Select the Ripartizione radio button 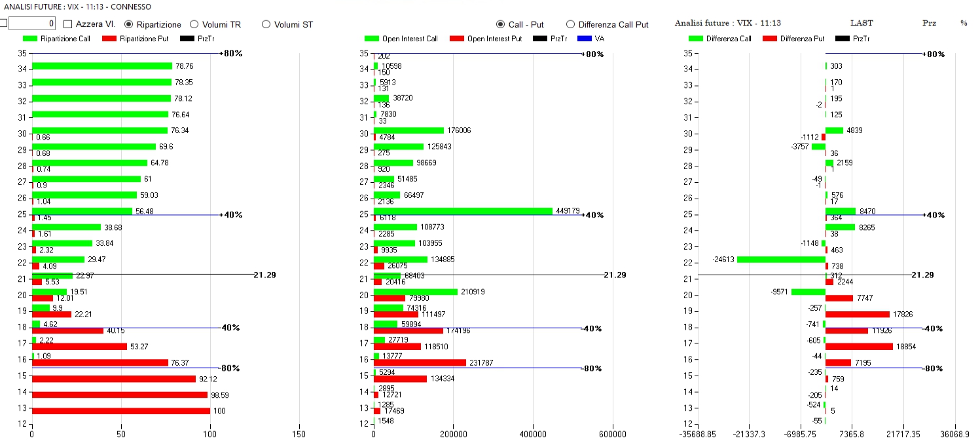[x=129, y=24]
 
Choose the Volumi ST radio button [x=266, y=24]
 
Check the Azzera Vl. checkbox [x=68, y=24]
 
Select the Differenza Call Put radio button [x=570, y=24]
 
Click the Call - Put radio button [x=501, y=24]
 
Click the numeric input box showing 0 [x=31, y=24]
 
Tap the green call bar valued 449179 [x=463, y=211]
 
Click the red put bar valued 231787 [x=420, y=362]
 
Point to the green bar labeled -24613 [x=781, y=260]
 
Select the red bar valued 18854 [x=859, y=346]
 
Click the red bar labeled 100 [x=121, y=411]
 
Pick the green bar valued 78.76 [x=101, y=66]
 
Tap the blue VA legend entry [x=591, y=39]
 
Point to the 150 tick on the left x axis [x=299, y=434]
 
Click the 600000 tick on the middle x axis [x=613, y=434]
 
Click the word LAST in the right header [x=862, y=23]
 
